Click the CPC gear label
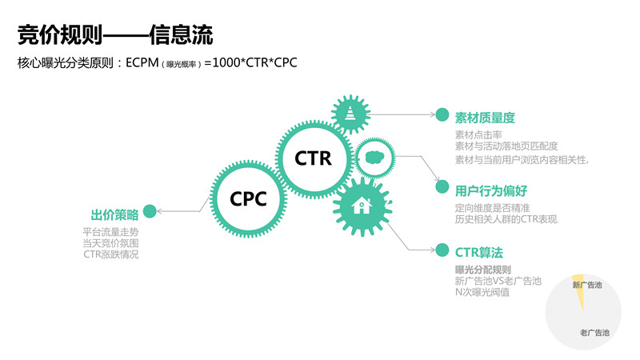click(x=248, y=197)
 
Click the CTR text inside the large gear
click(x=313, y=158)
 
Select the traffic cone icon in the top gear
click(x=350, y=114)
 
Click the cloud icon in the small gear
click(x=374, y=158)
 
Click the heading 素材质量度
click(x=485, y=117)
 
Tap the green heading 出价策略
click(x=114, y=214)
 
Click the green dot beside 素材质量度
click(x=442, y=116)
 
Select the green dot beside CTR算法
click(x=442, y=250)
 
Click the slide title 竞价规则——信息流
click(x=115, y=34)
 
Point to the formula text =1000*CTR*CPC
click(x=250, y=62)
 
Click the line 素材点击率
click(x=477, y=134)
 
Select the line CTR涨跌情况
click(x=116, y=254)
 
